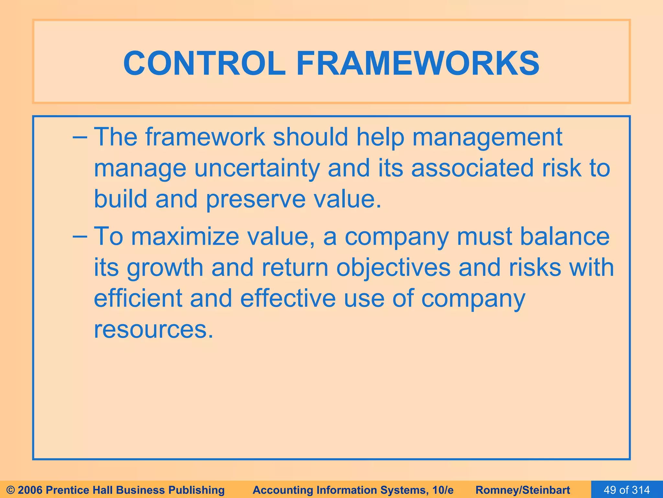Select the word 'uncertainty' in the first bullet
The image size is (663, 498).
coord(257,168)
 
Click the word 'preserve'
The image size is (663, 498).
coord(256,199)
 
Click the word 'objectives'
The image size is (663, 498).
coord(393,268)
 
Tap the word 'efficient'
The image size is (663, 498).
coord(138,299)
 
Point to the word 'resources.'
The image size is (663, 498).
coord(154,329)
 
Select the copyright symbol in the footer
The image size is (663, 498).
coord(11,490)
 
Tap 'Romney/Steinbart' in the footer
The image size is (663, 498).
coord(523,490)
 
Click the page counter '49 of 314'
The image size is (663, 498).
coord(627,490)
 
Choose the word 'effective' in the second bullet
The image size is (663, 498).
coord(288,299)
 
